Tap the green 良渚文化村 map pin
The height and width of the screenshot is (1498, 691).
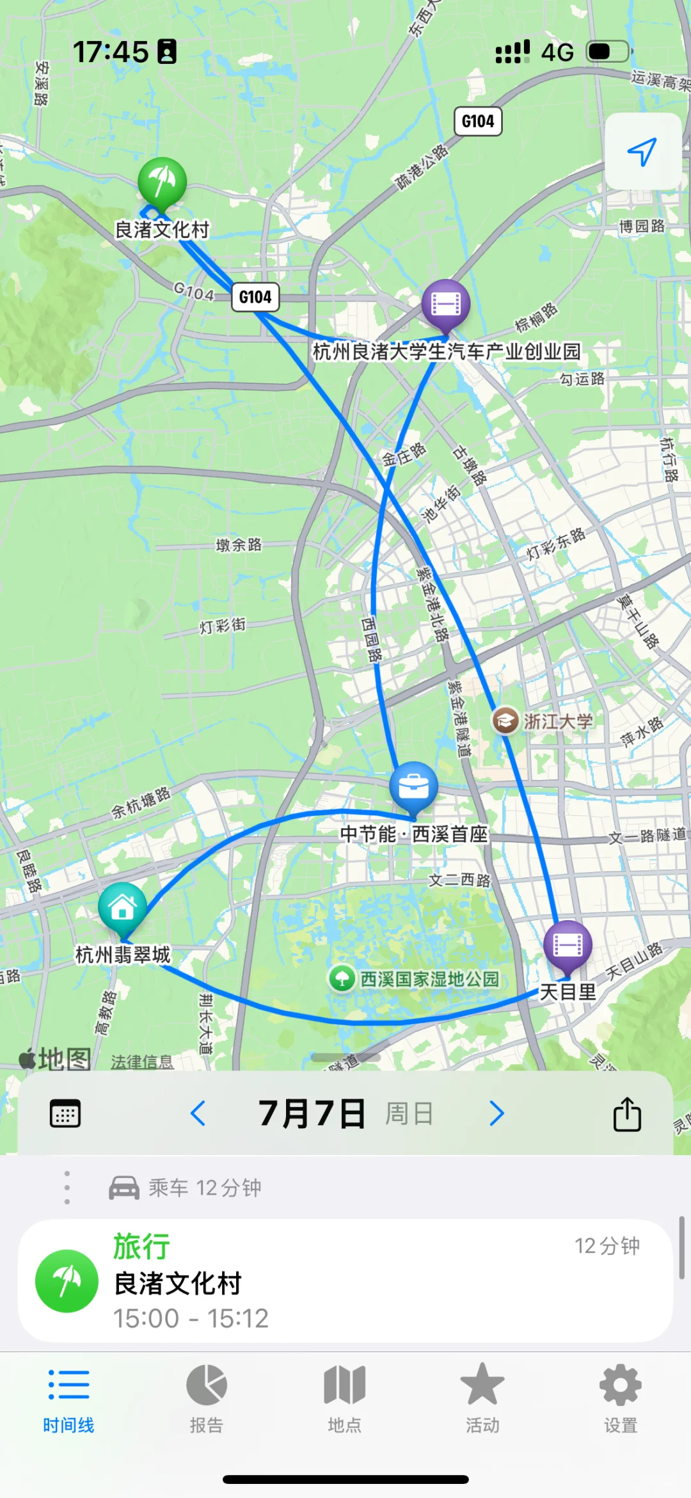click(x=162, y=182)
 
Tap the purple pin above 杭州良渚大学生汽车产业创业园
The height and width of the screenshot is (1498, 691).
click(x=446, y=304)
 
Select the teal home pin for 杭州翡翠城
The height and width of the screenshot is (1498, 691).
click(x=122, y=907)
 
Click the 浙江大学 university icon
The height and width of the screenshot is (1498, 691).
click(x=505, y=721)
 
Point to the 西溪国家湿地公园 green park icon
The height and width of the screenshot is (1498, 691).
click(x=342, y=978)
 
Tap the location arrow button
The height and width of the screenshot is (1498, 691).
click(x=642, y=152)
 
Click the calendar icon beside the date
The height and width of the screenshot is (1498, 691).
click(x=65, y=1113)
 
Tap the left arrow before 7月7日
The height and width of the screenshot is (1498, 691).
click(x=198, y=1113)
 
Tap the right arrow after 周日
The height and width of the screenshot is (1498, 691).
click(x=496, y=1113)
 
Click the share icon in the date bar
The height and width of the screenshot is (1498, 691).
click(x=627, y=1114)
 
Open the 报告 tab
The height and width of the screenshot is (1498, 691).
click(x=207, y=1399)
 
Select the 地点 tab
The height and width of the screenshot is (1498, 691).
click(x=345, y=1399)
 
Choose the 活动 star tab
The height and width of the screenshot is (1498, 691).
click(x=482, y=1399)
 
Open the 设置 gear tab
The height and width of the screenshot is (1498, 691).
click(x=621, y=1399)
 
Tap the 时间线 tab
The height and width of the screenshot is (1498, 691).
click(x=68, y=1399)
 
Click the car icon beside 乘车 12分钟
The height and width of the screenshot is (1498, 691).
click(x=124, y=1188)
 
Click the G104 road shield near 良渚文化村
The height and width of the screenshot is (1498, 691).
click(x=255, y=297)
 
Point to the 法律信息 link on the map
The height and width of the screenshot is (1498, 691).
click(x=142, y=1062)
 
